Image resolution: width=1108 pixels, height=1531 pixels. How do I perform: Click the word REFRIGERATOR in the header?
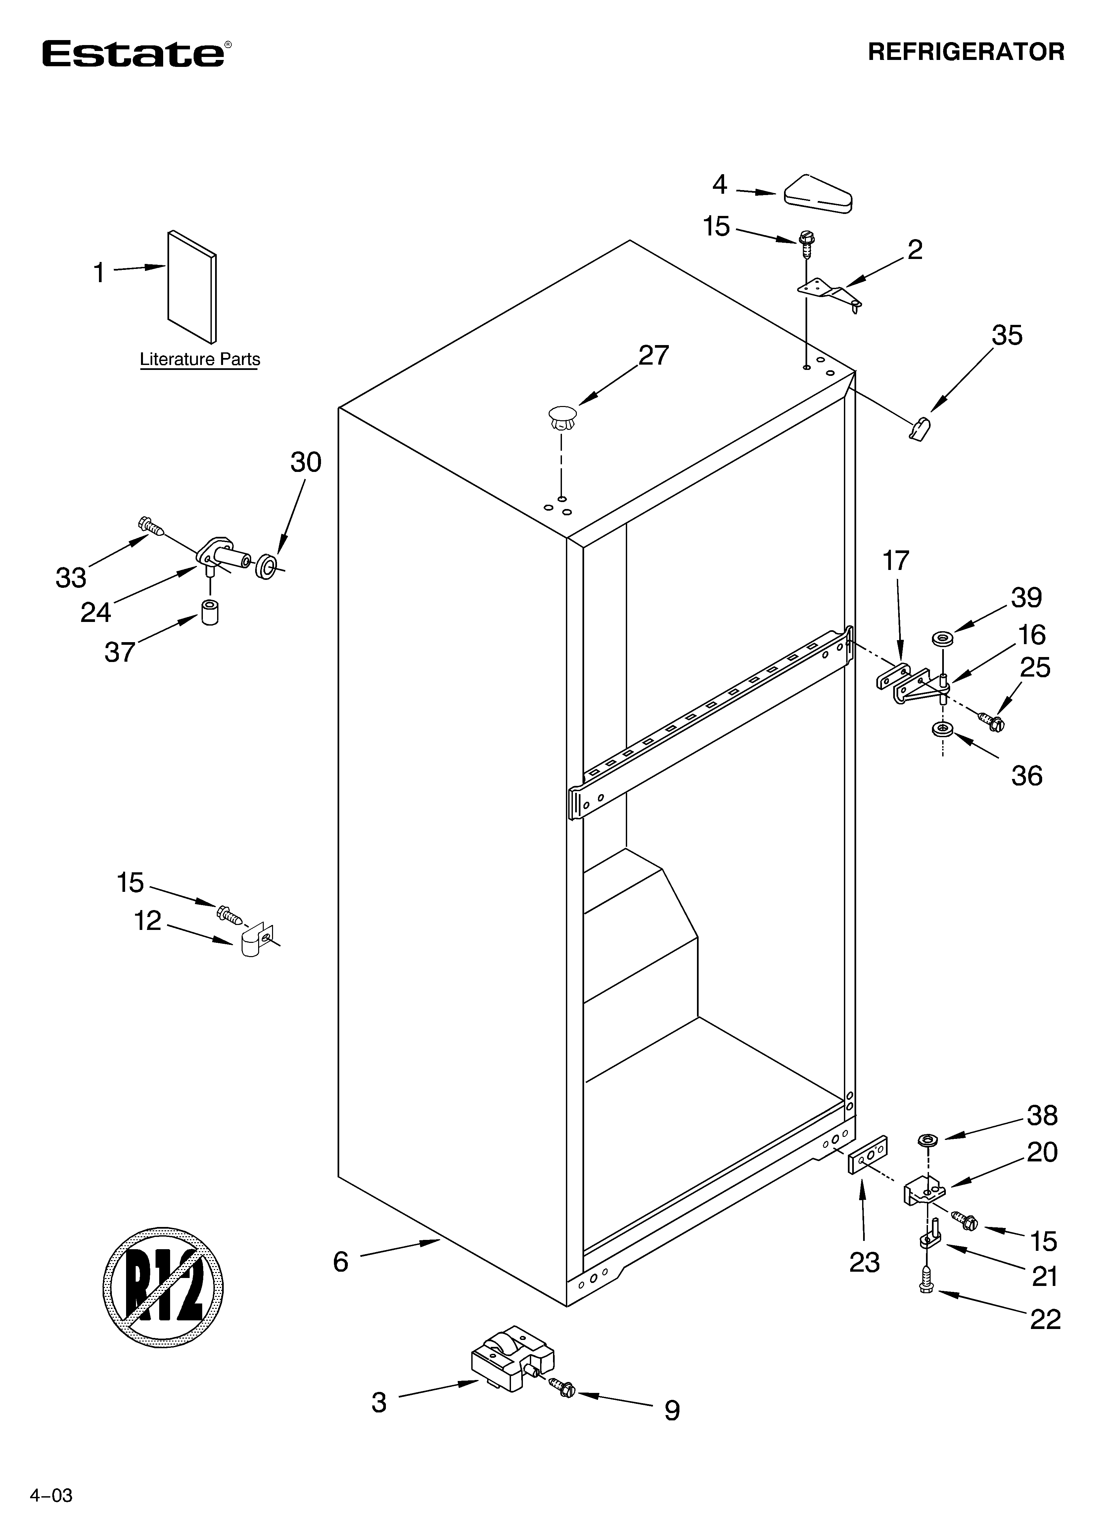tap(966, 52)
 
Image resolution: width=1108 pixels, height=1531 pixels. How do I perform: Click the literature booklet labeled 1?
tap(192, 287)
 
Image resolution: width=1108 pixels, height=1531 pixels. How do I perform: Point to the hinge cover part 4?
tap(818, 195)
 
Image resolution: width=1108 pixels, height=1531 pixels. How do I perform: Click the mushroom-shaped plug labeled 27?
tap(563, 417)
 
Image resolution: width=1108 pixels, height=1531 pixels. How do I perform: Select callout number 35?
tap(1007, 335)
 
